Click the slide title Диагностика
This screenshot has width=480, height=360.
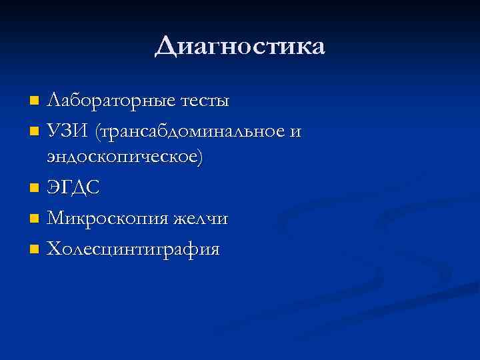click(240, 47)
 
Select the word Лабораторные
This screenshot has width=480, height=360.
click(111, 101)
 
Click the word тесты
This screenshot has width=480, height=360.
click(204, 101)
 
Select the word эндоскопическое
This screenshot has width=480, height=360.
click(123, 157)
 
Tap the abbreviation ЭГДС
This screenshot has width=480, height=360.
click(73, 189)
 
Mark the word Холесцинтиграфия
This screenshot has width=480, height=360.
click(133, 250)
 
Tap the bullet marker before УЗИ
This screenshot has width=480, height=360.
click(35, 133)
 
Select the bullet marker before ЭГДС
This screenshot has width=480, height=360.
click(35, 189)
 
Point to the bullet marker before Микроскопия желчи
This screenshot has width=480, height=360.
click(35, 219)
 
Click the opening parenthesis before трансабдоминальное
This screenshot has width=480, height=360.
click(99, 133)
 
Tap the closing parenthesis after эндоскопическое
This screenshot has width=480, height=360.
click(202, 158)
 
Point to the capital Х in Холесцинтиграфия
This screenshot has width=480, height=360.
click(55, 250)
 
